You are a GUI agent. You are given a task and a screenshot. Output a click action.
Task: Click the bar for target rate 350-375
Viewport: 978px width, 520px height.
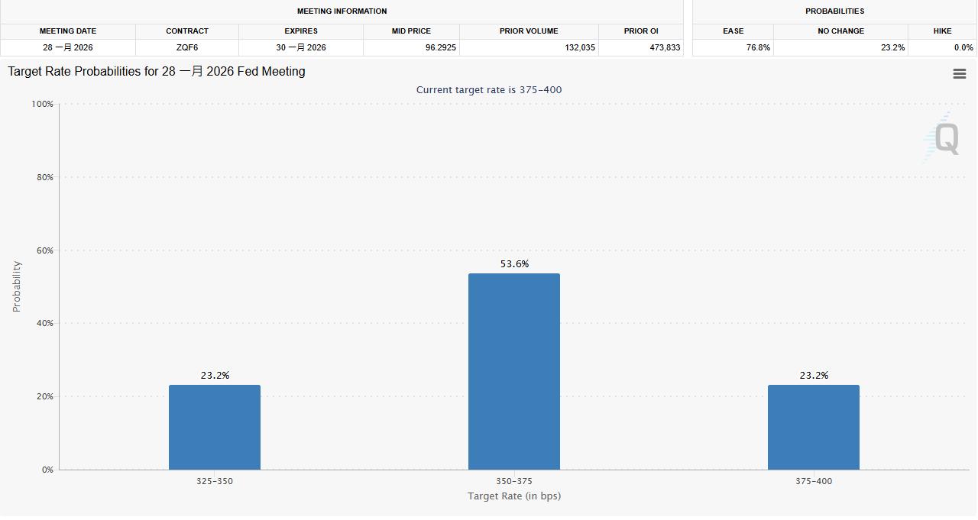(x=513, y=371)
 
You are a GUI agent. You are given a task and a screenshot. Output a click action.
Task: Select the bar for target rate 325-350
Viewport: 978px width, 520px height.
(x=215, y=427)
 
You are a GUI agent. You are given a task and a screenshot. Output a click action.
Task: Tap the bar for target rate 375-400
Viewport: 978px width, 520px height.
(x=813, y=427)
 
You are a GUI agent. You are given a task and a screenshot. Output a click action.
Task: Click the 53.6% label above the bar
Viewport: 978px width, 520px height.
(x=514, y=264)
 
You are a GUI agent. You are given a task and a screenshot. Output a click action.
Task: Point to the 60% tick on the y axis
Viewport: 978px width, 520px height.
(x=43, y=250)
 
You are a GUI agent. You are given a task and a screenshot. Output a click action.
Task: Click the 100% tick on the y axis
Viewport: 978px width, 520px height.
(x=41, y=104)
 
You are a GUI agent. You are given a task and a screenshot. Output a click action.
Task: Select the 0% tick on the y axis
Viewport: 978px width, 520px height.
(x=47, y=470)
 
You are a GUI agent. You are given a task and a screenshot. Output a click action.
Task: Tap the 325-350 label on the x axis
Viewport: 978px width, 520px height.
(x=215, y=481)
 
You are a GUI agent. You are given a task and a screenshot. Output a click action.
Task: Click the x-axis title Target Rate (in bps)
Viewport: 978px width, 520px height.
(x=513, y=496)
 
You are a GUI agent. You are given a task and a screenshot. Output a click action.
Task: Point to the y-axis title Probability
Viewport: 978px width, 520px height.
(x=17, y=286)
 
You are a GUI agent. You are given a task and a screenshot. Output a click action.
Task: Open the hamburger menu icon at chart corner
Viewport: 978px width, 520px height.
(x=960, y=74)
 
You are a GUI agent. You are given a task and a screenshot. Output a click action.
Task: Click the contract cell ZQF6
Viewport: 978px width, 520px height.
(x=187, y=47)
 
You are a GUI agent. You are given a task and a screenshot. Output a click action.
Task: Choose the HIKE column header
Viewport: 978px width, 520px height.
(x=942, y=31)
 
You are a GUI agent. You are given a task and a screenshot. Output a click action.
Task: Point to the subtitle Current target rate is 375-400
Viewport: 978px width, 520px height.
(x=489, y=90)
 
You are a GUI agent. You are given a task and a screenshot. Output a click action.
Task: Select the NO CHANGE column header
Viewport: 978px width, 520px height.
(x=840, y=31)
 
